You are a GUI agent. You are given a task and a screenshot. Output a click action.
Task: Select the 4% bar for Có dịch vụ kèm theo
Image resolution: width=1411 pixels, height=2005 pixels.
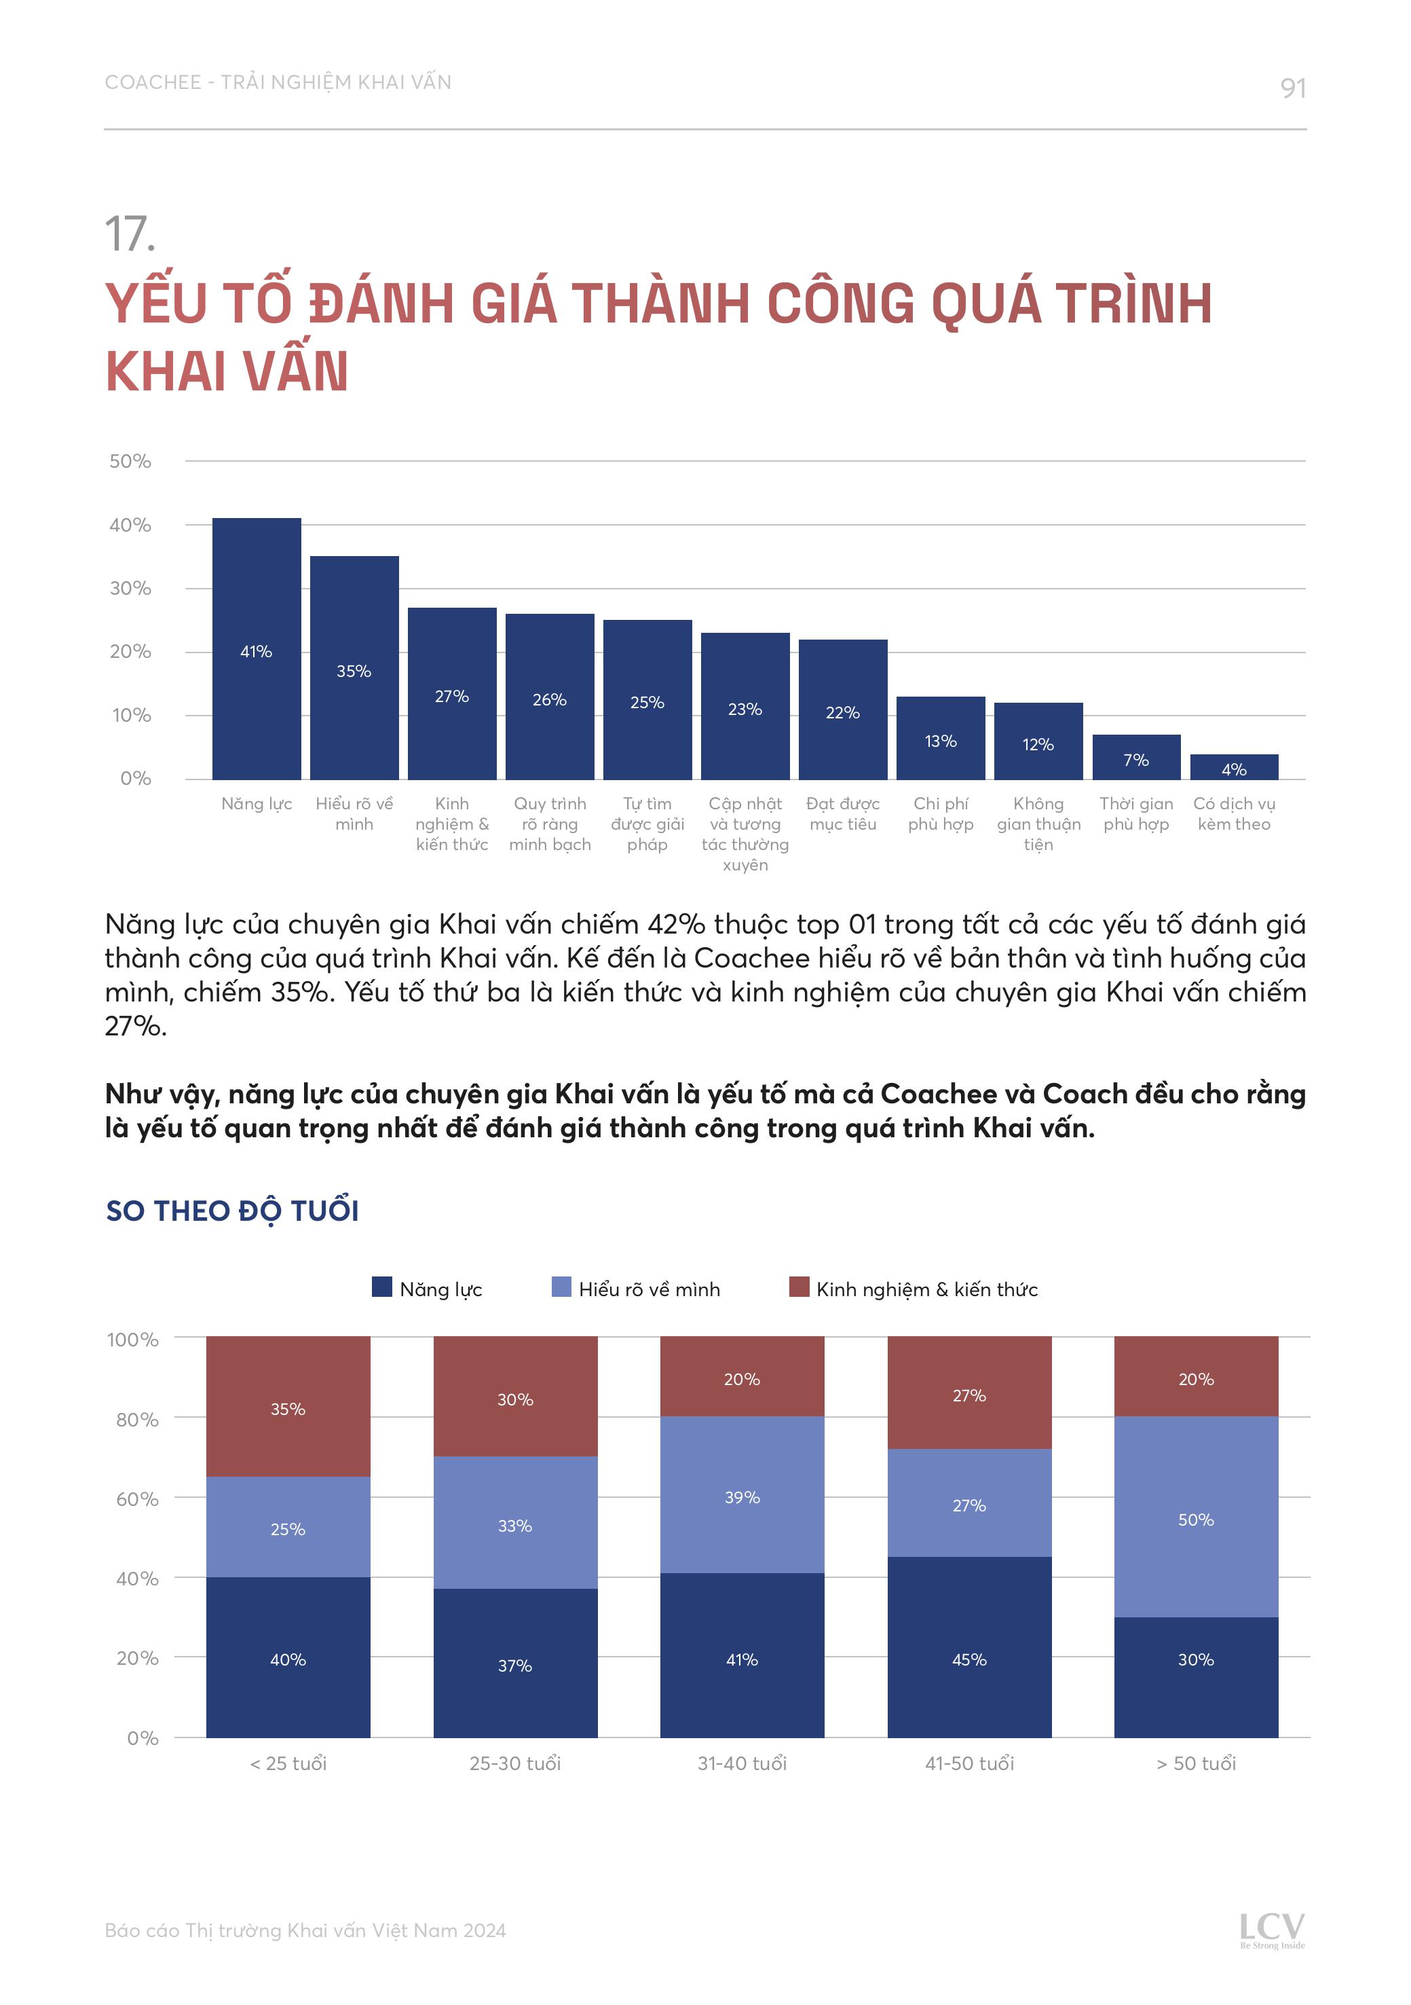[1234, 767]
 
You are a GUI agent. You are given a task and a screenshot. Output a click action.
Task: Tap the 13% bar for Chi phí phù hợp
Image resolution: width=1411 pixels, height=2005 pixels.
[941, 738]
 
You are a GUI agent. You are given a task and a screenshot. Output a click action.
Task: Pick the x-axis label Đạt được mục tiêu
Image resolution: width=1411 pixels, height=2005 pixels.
[842, 814]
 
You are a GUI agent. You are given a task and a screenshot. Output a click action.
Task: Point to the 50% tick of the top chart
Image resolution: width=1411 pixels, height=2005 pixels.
[130, 461]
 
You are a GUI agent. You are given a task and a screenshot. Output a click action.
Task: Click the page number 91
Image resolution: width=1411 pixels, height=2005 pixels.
[1292, 88]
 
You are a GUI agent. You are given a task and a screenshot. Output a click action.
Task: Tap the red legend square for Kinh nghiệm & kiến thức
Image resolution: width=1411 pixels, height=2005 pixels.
[798, 1287]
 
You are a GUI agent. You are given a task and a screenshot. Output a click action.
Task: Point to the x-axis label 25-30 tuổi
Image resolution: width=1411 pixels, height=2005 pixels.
[515, 1763]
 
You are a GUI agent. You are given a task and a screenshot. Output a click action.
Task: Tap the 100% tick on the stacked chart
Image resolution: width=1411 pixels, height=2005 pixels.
[133, 1340]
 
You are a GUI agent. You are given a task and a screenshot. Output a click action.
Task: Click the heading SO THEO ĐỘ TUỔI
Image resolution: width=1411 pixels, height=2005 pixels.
[232, 1211]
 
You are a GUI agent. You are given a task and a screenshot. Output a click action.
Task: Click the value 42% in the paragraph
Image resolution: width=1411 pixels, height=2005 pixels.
[676, 924]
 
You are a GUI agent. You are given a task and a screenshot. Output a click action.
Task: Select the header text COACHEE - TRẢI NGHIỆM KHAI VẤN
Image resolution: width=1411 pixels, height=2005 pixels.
[278, 82]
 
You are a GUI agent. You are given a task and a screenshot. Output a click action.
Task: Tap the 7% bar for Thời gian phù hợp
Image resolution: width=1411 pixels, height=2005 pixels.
[1136, 757]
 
